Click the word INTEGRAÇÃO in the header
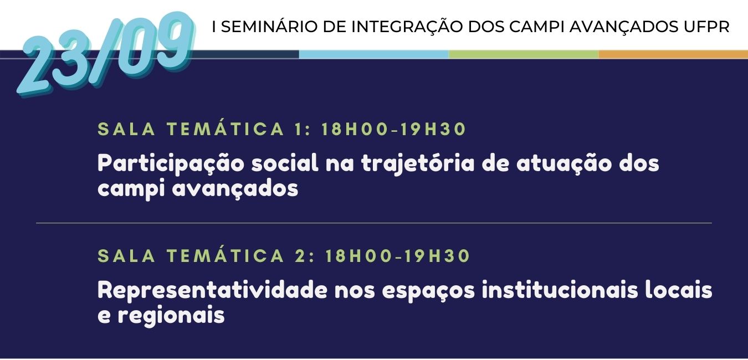pyautogui.click(x=407, y=27)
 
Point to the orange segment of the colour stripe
pyautogui.click(x=673, y=54)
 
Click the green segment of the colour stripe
pyautogui.click(x=524, y=54)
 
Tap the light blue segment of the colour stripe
pyautogui.click(x=374, y=54)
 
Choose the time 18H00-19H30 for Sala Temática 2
pyautogui.click(x=398, y=256)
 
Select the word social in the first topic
pyautogui.click(x=285, y=163)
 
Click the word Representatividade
pyautogui.click(x=213, y=290)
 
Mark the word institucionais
pyautogui.click(x=560, y=290)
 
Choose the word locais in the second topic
pyautogui.click(x=679, y=290)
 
